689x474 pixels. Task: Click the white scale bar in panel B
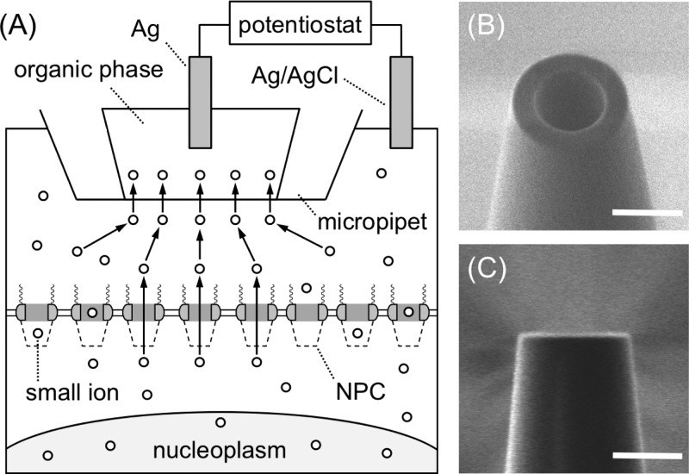[x=642, y=210]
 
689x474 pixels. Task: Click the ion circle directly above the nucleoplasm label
[x=221, y=421]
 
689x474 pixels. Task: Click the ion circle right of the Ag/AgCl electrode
[x=381, y=173]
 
